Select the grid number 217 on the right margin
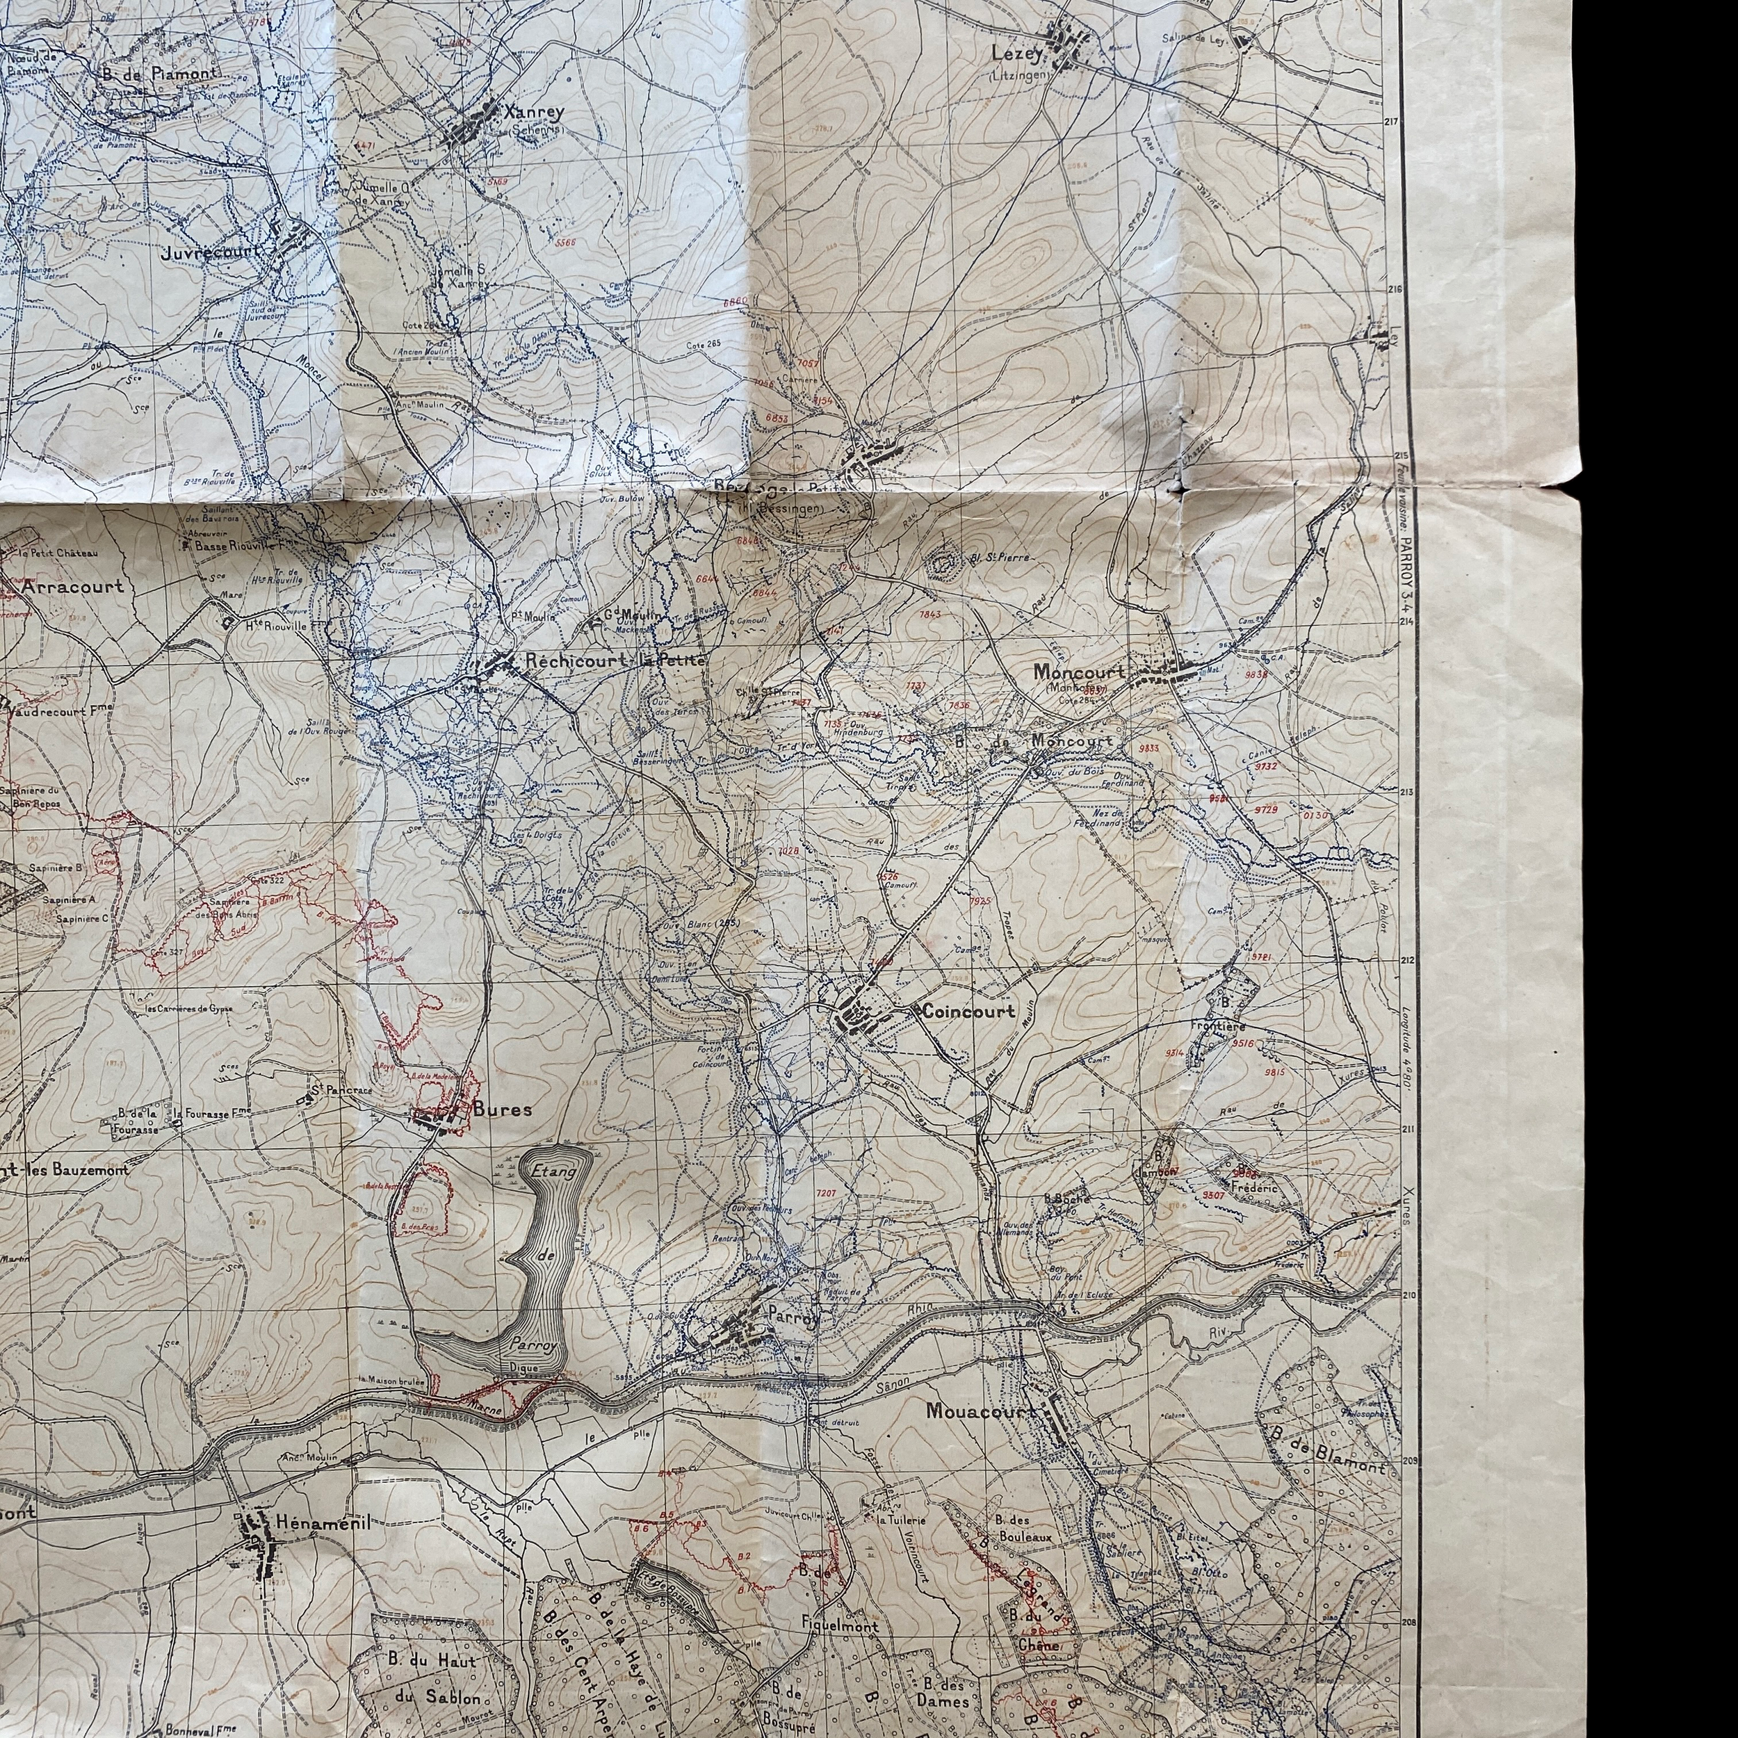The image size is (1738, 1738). [x=1395, y=122]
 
